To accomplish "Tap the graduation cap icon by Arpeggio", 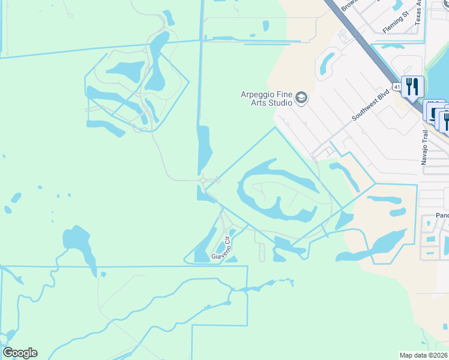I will click(x=301, y=98).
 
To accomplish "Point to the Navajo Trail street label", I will click(x=424, y=147).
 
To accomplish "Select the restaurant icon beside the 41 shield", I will click(x=412, y=86).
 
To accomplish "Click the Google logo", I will click(x=20, y=353).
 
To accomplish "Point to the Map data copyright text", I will click(x=424, y=355).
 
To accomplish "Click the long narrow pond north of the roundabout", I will click(x=203, y=150).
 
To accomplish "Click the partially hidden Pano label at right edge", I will click(x=442, y=215).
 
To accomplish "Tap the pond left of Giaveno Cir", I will click(x=205, y=246).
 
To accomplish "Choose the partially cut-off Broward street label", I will click(x=349, y=4).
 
